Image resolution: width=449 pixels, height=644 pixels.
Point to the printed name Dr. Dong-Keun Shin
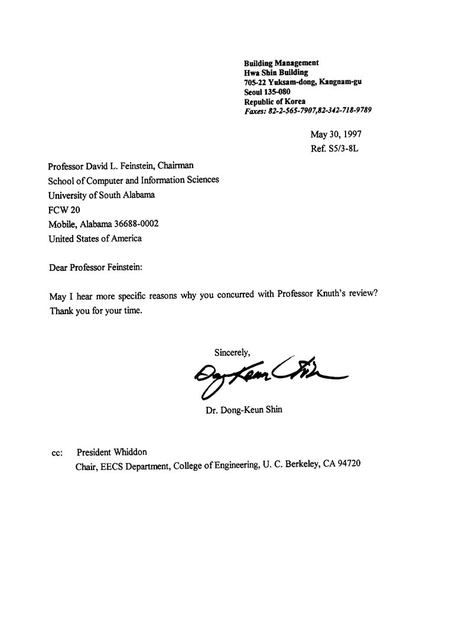click(x=243, y=409)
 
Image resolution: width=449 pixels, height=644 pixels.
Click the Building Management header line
click(x=281, y=63)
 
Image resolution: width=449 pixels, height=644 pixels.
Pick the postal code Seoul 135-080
click(x=267, y=92)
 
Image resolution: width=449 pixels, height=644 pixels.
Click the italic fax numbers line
click(x=308, y=111)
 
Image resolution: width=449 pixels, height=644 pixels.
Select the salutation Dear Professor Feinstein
click(x=96, y=267)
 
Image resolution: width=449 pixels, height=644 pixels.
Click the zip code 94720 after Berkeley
click(x=348, y=464)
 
